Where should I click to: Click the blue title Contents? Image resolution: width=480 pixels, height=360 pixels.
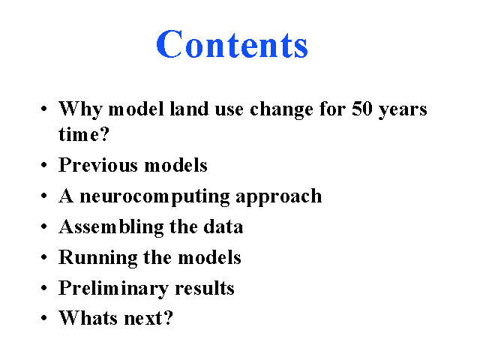[x=232, y=44]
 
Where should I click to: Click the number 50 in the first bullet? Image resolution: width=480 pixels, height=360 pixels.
[x=362, y=109]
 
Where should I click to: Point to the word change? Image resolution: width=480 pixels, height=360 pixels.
[x=282, y=110]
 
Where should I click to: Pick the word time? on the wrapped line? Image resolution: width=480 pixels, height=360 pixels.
[x=84, y=133]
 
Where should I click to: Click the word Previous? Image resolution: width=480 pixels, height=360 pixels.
[x=98, y=165]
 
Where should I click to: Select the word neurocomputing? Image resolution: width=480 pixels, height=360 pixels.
[x=154, y=196]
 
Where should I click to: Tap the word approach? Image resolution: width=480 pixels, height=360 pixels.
[x=279, y=196]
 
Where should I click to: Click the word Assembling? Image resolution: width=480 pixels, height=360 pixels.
[x=111, y=227]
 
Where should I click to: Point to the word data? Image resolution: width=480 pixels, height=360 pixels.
[x=223, y=226]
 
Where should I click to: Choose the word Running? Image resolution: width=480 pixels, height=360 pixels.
[x=98, y=258]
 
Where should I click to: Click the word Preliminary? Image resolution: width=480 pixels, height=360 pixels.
[x=113, y=289]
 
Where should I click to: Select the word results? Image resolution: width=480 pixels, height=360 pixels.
[x=205, y=288]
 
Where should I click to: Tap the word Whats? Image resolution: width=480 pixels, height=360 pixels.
[x=88, y=318]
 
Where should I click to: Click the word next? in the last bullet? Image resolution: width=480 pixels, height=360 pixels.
[x=148, y=318]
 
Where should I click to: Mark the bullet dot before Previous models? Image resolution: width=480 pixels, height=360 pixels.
[x=44, y=165]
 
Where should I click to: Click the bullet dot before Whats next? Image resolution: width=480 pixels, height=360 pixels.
[x=44, y=318]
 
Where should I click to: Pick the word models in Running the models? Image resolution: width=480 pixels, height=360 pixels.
[x=210, y=257]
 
